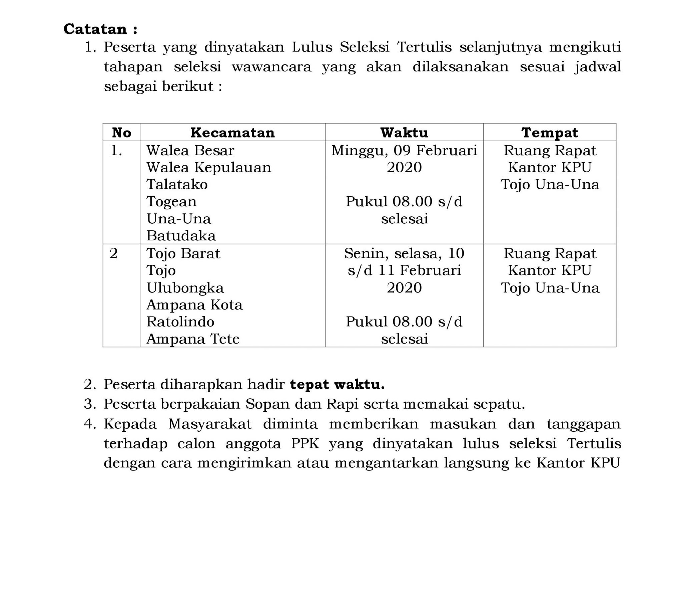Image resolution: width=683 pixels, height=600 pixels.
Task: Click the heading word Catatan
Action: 95,29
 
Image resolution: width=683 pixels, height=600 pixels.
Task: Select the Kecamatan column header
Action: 232,133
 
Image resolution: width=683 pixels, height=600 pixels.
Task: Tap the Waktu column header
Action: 404,133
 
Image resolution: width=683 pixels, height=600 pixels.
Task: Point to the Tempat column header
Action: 549,133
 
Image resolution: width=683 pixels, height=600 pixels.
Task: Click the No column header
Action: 121,133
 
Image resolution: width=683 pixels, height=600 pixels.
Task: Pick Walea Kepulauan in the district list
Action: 209,167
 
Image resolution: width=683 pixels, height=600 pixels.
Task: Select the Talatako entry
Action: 177,184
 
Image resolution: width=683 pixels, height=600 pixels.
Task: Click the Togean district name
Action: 171,201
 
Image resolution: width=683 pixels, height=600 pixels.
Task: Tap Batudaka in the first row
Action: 181,236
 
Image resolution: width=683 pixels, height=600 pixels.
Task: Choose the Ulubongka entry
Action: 185,288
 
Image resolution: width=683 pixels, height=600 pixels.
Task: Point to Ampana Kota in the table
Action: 194,305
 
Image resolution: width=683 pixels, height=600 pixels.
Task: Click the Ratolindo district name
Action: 180,322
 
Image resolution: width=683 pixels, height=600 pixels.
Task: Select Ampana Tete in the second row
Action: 193,339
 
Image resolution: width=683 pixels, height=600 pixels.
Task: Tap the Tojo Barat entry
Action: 183,253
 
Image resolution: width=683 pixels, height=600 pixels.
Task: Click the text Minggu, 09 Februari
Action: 404,151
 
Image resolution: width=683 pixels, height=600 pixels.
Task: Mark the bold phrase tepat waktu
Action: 337,385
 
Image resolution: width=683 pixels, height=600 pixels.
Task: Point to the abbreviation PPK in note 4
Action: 305,444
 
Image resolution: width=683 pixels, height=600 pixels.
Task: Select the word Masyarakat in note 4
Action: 209,424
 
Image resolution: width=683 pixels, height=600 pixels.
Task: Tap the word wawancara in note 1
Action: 271,67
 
